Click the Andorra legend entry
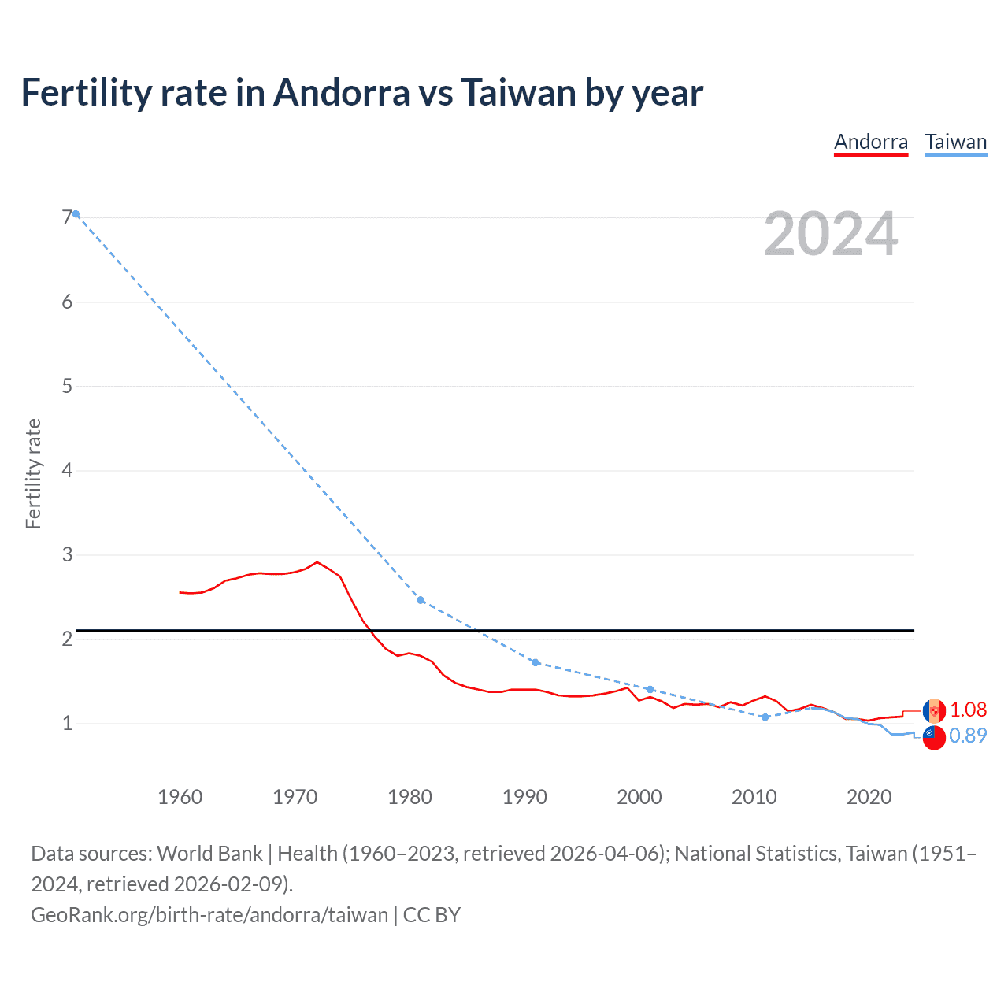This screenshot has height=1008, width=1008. (x=870, y=142)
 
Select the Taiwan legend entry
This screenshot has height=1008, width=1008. (x=955, y=142)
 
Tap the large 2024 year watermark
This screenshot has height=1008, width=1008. (x=830, y=234)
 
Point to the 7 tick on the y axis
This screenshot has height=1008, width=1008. (x=67, y=218)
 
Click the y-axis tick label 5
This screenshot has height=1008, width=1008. (x=67, y=387)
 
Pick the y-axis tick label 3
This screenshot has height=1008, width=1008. (x=67, y=555)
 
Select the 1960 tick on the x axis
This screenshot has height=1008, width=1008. (x=180, y=797)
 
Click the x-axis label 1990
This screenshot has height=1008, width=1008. (x=524, y=797)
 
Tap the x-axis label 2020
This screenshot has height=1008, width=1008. (x=869, y=797)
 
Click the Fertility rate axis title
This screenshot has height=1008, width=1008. (x=33, y=473)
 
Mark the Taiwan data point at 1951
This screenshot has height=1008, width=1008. (x=76, y=214)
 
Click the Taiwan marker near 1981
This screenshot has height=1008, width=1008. (x=421, y=600)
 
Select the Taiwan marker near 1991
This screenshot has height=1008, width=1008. (x=535, y=662)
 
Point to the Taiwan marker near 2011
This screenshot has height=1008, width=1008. (x=765, y=717)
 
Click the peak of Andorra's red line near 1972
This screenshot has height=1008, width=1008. (x=317, y=562)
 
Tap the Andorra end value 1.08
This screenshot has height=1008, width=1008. (x=968, y=710)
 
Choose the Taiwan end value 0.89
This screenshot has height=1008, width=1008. (x=968, y=736)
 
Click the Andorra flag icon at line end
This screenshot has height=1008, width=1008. (x=934, y=711)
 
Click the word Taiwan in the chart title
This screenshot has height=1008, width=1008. (x=518, y=93)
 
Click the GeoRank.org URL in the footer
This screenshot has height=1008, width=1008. (x=209, y=914)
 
